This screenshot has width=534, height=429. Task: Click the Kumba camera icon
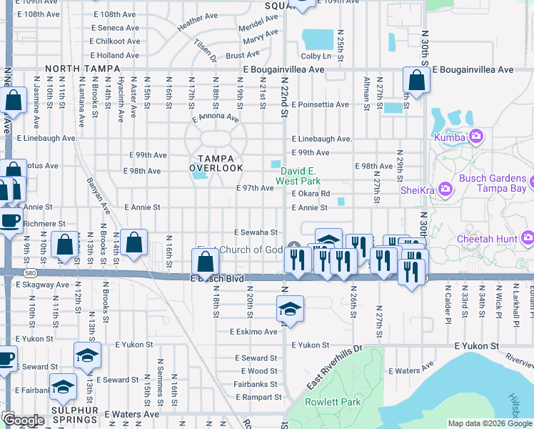point(476,137)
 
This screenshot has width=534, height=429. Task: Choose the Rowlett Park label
point(325,402)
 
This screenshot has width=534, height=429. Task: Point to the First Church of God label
point(240,250)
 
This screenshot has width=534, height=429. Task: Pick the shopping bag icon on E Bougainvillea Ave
point(416,80)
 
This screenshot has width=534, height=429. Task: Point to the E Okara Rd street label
point(310,194)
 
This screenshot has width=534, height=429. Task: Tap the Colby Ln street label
point(316,56)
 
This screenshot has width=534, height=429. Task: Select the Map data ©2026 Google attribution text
point(490,423)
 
